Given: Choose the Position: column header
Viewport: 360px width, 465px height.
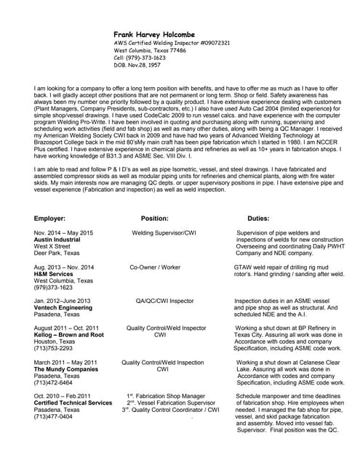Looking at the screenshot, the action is click(155, 217).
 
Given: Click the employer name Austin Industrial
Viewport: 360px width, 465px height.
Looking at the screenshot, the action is click(58, 240).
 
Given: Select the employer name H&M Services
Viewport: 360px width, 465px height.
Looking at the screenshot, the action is click(53, 274).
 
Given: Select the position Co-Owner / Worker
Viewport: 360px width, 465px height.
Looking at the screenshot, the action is click(155, 267).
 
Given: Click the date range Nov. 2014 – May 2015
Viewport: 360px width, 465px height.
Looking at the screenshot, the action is click(65, 232).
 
